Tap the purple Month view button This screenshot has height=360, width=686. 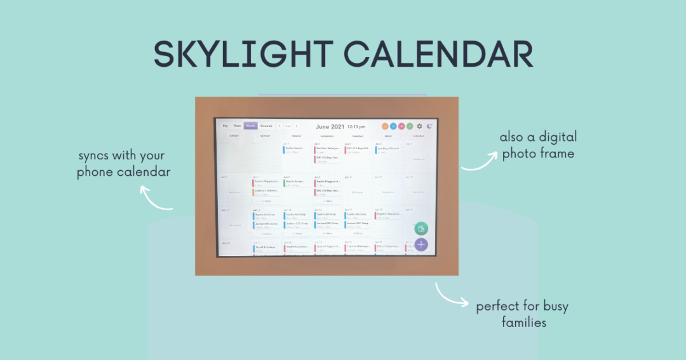251,126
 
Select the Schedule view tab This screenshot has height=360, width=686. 266,126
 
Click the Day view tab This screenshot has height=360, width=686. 225,126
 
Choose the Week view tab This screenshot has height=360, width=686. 237,126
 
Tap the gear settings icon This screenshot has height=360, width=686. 419,126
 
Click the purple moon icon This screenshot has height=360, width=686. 430,126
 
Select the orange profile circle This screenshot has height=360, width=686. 385,126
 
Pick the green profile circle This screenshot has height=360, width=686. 410,126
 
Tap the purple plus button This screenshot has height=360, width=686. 421,244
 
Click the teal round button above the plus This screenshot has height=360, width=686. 420,229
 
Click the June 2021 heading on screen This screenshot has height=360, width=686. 330,126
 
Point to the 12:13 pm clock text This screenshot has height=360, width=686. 356,126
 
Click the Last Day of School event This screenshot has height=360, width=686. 387,149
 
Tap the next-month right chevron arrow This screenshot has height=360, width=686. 296,126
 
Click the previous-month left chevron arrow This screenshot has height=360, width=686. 279,126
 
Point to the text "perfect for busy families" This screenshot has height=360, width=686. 522,314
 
